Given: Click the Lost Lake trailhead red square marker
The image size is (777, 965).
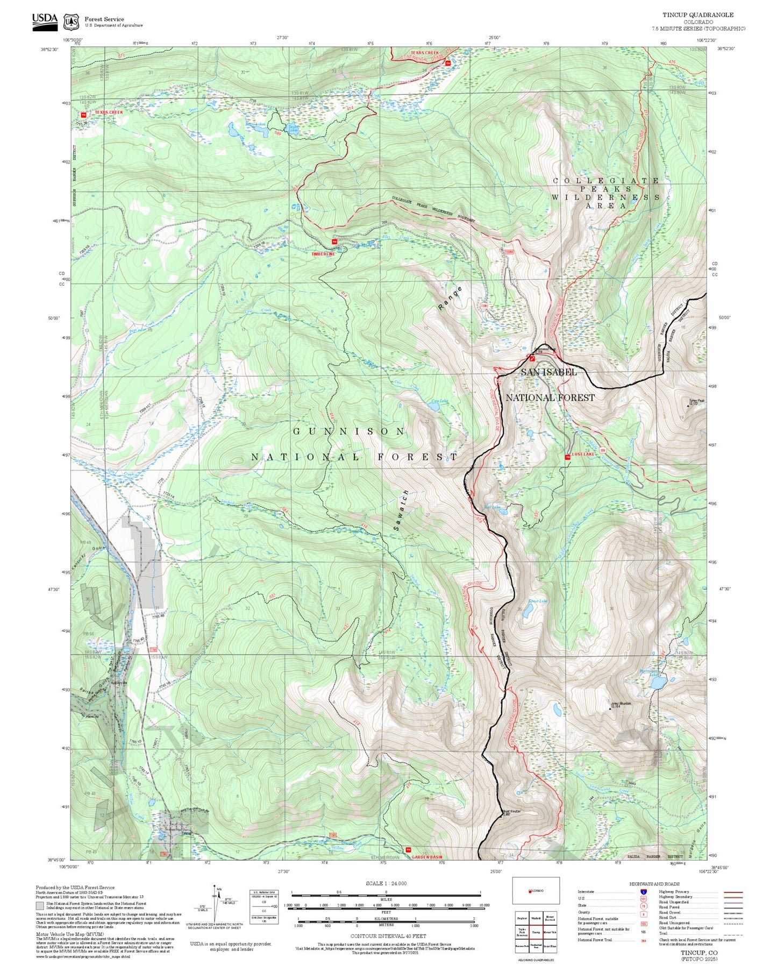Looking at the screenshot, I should click(x=567, y=457).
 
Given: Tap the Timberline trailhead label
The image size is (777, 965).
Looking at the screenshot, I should click(x=323, y=254).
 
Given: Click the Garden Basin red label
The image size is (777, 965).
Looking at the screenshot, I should click(x=429, y=857).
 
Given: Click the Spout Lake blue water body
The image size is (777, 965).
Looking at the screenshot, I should click(x=529, y=610).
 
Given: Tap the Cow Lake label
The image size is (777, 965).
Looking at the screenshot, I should click(x=439, y=401).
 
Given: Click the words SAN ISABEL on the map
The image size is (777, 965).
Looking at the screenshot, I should click(x=548, y=372).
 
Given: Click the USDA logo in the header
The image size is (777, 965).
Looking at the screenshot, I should click(x=45, y=20).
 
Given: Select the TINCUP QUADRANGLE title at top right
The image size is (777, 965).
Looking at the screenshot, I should click(x=697, y=15).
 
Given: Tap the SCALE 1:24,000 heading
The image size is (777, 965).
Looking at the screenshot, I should click(x=386, y=883).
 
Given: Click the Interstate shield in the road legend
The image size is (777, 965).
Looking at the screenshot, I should click(x=643, y=892).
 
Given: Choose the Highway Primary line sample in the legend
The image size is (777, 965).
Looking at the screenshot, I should click(x=733, y=892).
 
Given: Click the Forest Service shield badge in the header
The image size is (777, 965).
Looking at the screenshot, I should click(x=70, y=22).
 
